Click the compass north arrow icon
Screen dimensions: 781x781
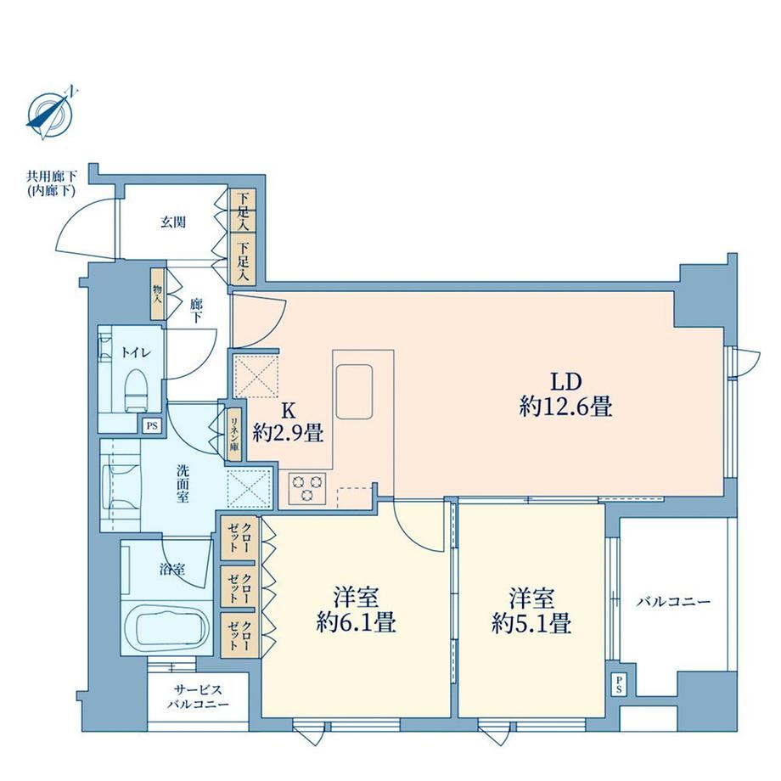[50, 114]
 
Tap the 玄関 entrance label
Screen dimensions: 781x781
[173, 222]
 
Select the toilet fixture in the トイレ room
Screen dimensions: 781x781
[135, 391]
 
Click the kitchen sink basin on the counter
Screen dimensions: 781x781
[354, 392]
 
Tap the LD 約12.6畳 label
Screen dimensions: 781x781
[566, 395]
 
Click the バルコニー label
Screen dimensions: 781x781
[673, 602]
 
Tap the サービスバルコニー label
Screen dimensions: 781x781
[199, 697]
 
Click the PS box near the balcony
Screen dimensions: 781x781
[619, 685]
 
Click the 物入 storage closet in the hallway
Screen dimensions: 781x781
[157, 294]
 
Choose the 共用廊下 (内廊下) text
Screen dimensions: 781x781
[52, 183]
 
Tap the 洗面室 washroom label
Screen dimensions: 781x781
[183, 484]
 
